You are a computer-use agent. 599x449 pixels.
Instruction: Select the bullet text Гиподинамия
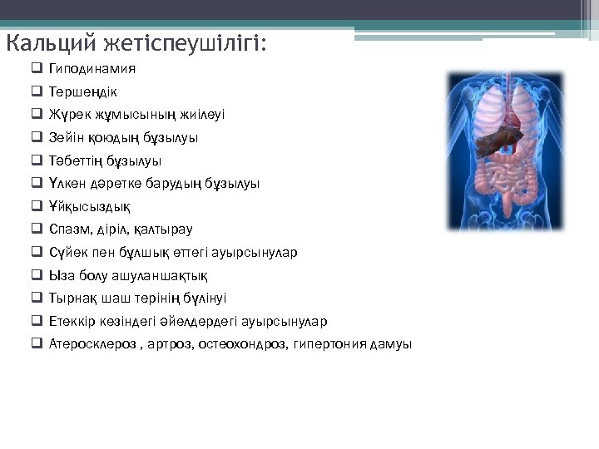(x=92, y=68)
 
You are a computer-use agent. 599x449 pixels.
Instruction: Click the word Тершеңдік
(x=83, y=91)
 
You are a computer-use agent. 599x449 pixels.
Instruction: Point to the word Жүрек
(x=67, y=115)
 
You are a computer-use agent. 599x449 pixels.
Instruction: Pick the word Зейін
(x=65, y=137)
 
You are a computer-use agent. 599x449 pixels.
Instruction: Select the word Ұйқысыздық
(x=89, y=206)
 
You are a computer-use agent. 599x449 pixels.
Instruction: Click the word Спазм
(x=69, y=229)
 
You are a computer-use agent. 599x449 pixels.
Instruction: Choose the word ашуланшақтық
(x=165, y=275)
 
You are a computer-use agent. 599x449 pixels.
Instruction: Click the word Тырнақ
(x=72, y=298)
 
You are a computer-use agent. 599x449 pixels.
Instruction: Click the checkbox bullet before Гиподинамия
(x=38, y=69)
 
